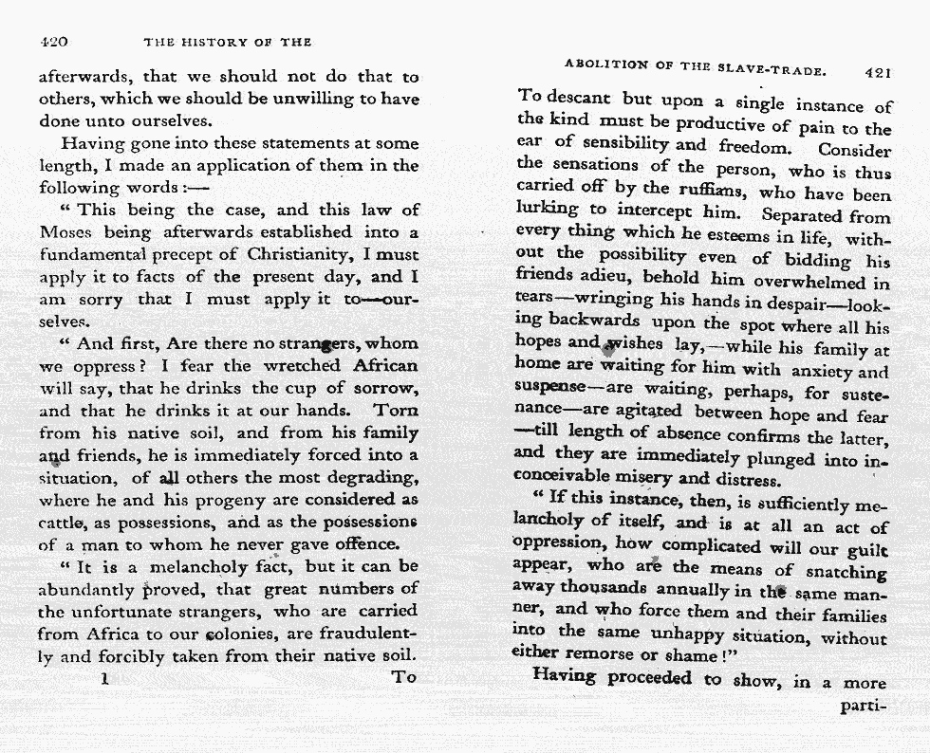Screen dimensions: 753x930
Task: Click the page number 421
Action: tap(878, 71)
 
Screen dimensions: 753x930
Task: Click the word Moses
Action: tap(67, 231)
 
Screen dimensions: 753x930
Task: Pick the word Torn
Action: tap(396, 411)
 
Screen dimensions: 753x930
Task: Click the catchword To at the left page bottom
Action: tap(405, 677)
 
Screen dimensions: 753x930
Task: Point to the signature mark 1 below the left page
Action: tap(104, 678)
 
